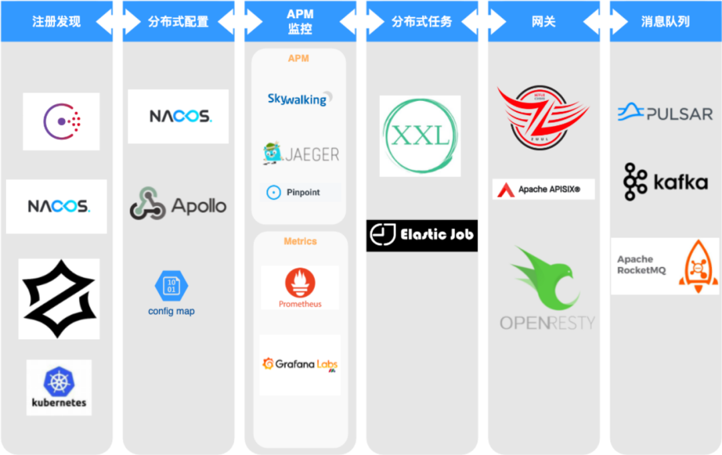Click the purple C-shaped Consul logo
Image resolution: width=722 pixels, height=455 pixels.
(x=62, y=121)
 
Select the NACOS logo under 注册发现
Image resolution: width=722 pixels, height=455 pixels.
(x=57, y=206)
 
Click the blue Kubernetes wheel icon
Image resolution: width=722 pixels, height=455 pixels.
(x=58, y=380)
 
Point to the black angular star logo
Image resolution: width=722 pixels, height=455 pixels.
(x=59, y=298)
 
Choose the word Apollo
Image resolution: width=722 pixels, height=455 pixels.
(x=199, y=205)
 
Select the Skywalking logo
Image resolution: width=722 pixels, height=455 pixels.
(x=298, y=99)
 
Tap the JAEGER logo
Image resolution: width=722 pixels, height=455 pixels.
(x=301, y=154)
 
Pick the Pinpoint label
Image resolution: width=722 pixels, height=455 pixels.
(x=302, y=193)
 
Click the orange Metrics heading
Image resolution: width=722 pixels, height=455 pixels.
(x=300, y=241)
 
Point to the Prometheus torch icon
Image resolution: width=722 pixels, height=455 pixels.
(x=299, y=282)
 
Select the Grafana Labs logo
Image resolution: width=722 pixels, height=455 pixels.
(x=299, y=365)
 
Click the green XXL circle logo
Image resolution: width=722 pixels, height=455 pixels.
(x=420, y=136)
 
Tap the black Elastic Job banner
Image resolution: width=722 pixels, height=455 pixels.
(x=422, y=235)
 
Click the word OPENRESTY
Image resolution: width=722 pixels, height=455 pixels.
(x=547, y=323)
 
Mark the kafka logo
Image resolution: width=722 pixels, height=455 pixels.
(x=665, y=181)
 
